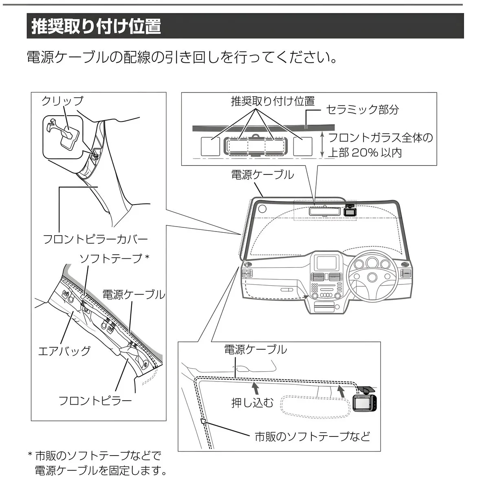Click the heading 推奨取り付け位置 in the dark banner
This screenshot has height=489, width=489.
pos(96,26)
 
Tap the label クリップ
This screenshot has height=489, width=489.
pos(62,101)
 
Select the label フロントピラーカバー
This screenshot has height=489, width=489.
pos(95,239)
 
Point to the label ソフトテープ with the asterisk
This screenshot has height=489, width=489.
pos(115,258)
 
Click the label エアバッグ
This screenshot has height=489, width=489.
pos(64,351)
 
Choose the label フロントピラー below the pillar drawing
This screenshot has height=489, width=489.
pos(95,401)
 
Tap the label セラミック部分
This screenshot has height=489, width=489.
pos(362,110)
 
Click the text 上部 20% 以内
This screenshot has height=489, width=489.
pos(365,153)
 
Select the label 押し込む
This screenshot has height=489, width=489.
pos(253,403)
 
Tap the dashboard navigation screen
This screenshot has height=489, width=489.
pos(326,263)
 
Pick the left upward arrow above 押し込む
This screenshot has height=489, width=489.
pos(256,389)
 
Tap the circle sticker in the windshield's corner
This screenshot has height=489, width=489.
pos(262,209)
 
